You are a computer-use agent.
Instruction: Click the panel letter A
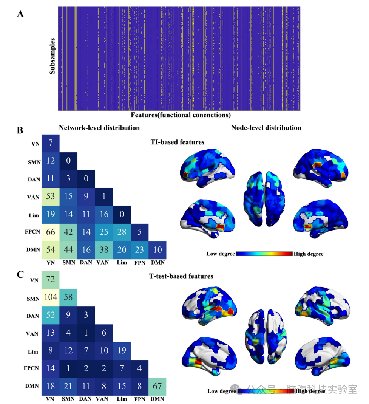click(21, 14)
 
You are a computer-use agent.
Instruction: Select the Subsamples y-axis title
click(52, 56)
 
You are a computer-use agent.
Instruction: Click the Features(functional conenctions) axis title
click(181, 115)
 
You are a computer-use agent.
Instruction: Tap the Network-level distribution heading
click(99, 128)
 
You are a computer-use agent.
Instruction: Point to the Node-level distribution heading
click(266, 128)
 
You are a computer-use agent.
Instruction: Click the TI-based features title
click(177, 142)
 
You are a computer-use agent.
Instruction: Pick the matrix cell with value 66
click(50, 232)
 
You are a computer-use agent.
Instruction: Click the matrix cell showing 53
click(50, 197)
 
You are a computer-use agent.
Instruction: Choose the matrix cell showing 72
click(50, 280)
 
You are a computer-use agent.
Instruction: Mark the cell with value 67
click(157, 387)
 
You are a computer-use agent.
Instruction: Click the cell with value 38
click(104, 250)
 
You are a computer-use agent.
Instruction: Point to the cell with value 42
click(68, 232)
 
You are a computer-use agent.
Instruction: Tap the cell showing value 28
click(122, 232)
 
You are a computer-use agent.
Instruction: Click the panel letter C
click(21, 274)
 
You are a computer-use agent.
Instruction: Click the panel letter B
click(21, 130)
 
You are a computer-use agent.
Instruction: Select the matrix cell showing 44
click(68, 250)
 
